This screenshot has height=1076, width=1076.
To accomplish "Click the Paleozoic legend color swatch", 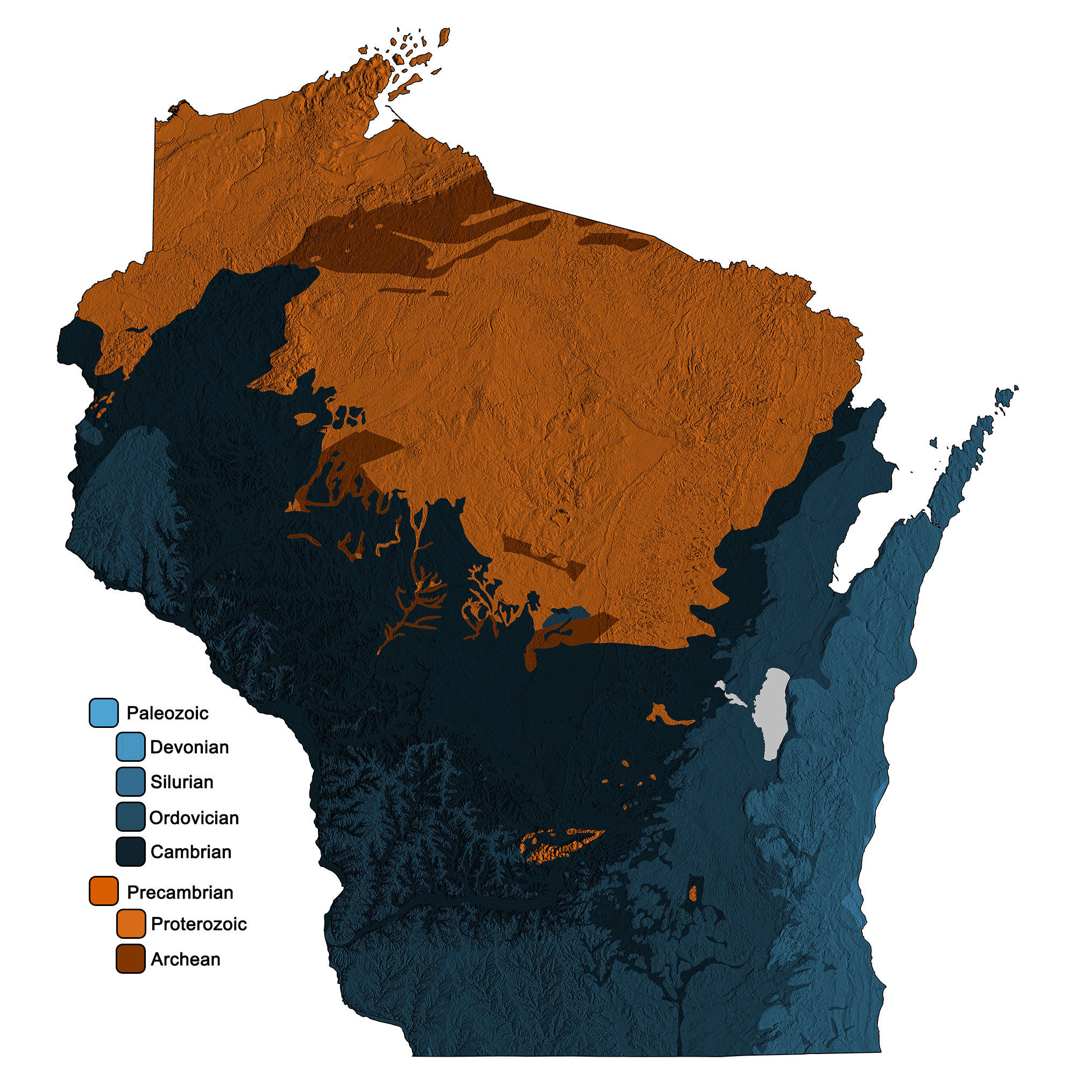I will (104, 713).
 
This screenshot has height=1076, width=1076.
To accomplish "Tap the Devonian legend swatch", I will (131, 747).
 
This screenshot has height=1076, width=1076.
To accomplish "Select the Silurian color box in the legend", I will (131, 782).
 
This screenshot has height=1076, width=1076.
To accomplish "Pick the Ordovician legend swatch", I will (131, 817).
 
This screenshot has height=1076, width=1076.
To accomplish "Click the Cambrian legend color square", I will (131, 852).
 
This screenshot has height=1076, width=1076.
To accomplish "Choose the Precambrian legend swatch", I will (104, 891).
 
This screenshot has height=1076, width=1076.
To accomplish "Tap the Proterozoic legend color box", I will (131, 924).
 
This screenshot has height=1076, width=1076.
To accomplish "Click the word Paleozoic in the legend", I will (168, 713).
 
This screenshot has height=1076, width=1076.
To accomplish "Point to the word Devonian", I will (189, 747).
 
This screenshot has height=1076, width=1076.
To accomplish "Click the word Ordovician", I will (194, 818).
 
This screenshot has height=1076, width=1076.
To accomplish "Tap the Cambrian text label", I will (191, 852).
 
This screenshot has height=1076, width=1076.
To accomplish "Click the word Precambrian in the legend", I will (180, 892).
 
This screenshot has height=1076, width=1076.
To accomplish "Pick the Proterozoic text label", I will (199, 924).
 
